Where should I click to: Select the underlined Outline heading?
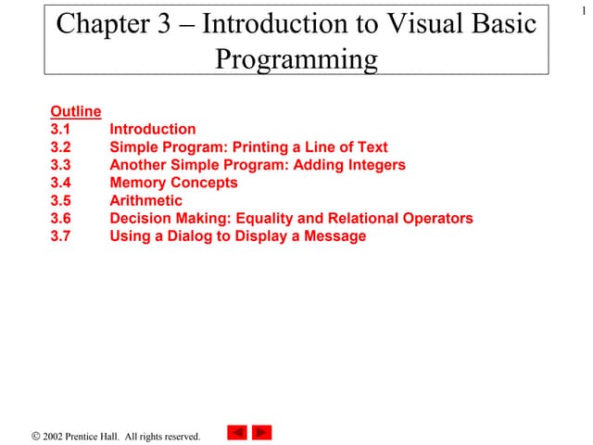pos(76,112)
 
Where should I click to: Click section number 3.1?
pos(61,130)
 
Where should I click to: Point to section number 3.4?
pos(61,183)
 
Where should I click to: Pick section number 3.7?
pos(61,236)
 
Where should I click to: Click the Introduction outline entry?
pos(153,130)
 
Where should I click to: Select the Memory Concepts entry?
pos(173,183)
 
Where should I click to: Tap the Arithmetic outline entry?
pos(146,200)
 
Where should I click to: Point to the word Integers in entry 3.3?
pos(373,165)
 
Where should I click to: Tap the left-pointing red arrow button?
pos(237,432)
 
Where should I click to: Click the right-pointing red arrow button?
pos(262,432)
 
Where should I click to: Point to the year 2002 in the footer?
pos(55,436)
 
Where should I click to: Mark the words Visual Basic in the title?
pos(463,24)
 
